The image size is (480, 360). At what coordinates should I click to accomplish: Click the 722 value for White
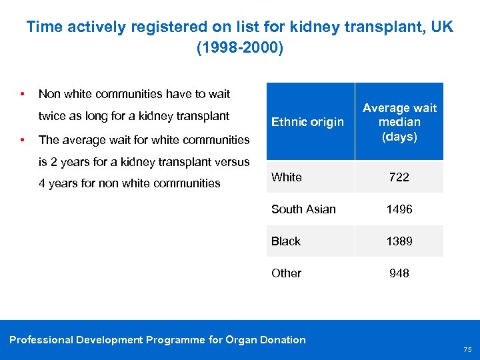(x=399, y=177)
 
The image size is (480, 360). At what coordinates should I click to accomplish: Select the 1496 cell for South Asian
(x=399, y=209)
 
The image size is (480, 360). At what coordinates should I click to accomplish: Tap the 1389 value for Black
(x=399, y=241)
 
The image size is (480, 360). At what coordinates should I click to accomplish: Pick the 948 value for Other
(x=399, y=273)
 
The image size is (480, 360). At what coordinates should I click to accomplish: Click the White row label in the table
(x=286, y=177)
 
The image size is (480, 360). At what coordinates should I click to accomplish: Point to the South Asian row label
(x=303, y=209)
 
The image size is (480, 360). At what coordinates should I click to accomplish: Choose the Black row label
(x=285, y=241)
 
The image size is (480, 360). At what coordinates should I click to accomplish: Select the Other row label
(x=286, y=273)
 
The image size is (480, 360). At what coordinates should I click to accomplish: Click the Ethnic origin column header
(x=307, y=122)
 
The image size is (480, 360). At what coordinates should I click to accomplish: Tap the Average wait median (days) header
(x=399, y=122)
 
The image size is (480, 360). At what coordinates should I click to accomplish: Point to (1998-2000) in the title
(x=240, y=49)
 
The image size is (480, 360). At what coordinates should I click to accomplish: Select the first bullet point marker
(x=23, y=93)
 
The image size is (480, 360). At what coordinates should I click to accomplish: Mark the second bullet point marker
(x=23, y=140)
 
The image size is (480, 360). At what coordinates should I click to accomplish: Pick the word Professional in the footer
(x=41, y=340)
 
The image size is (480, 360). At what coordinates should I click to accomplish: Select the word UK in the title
(x=441, y=27)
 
